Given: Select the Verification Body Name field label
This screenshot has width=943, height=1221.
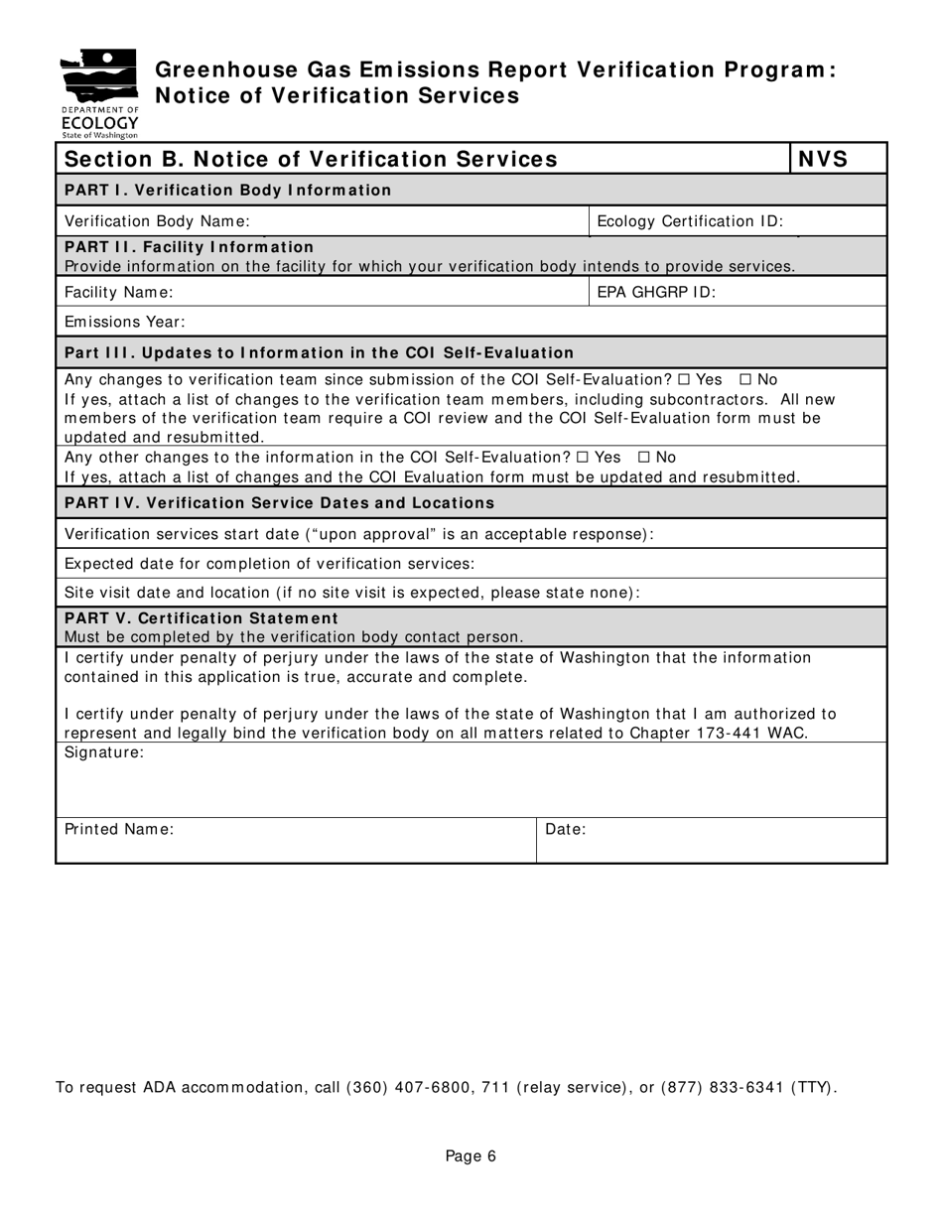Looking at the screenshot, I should click(157, 221).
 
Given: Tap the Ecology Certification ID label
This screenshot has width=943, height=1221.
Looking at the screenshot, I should click(690, 221).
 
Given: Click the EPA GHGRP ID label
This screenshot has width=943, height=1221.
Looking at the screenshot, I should click(656, 292).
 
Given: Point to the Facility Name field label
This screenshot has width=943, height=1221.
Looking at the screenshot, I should click(118, 292).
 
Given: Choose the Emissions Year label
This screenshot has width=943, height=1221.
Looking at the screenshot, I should click(125, 322).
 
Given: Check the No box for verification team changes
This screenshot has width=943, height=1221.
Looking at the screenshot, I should click(746, 380).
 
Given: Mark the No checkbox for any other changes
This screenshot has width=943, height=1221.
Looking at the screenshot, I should click(644, 458).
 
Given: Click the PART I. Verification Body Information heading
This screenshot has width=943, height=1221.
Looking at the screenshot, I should click(227, 190).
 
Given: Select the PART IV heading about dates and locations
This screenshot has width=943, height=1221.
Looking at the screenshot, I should click(279, 502).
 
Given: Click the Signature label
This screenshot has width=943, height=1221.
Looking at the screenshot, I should click(104, 752).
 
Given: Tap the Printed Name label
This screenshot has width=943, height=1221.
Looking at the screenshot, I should click(119, 829).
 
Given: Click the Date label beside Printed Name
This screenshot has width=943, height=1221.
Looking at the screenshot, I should click(566, 829).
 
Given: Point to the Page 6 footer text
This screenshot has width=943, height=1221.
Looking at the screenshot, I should click(471, 1155).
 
